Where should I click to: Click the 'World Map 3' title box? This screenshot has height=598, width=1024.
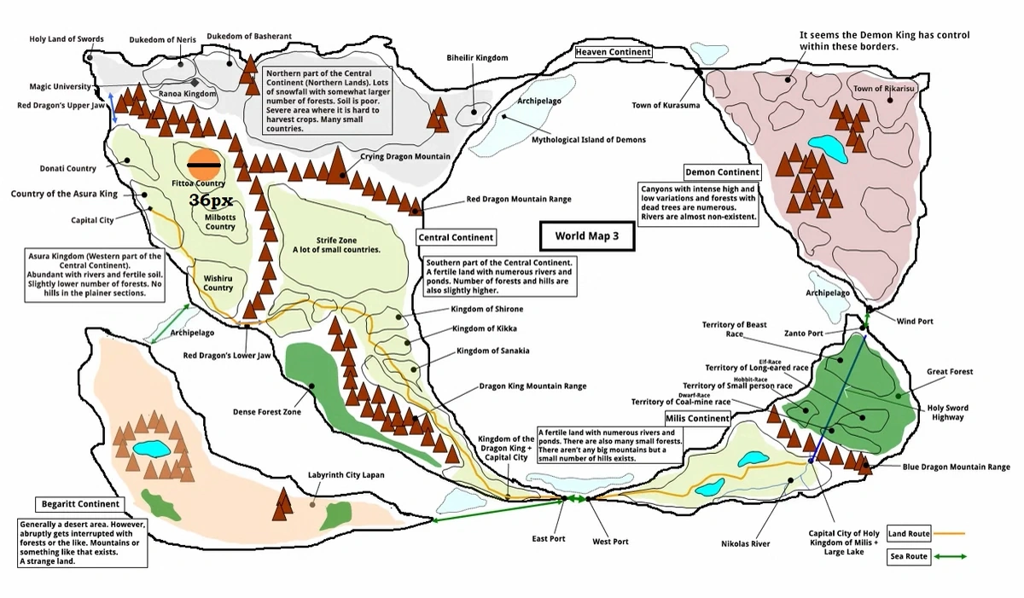pos(587,236)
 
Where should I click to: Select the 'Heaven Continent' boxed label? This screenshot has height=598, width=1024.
pos(613,52)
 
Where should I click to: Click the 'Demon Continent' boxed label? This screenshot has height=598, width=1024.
pos(722,172)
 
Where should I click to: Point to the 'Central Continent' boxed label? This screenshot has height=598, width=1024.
pos(456,236)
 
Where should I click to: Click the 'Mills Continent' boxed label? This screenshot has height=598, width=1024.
pos(697,419)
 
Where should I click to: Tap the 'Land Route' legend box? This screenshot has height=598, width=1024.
pos(909,533)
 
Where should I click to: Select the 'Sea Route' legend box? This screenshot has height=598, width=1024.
pos(909,556)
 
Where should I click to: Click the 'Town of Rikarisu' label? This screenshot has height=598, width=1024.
pos(883,89)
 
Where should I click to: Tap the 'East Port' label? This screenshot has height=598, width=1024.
pos(548,539)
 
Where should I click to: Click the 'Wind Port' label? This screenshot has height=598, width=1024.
pos(915,322)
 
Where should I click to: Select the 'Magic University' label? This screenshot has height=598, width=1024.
pos(60,86)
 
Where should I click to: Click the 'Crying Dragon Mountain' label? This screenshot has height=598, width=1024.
pos(404,157)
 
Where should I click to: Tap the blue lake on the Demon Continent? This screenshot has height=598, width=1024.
pos(829,150)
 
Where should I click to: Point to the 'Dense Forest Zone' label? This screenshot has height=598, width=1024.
pos(267,412)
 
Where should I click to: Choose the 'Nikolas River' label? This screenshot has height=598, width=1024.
pos(746,543)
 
